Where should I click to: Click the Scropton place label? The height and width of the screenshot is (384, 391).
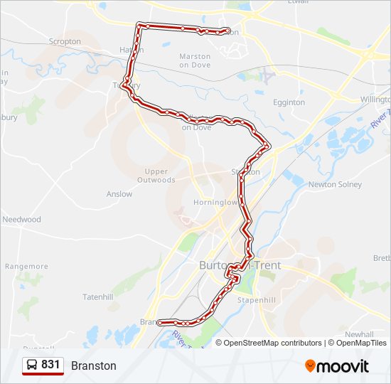click(65, 42)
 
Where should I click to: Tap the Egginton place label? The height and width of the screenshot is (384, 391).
click(289, 102)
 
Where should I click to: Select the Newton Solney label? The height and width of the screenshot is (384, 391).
click(335, 185)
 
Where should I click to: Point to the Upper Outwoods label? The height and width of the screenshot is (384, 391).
click(156, 176)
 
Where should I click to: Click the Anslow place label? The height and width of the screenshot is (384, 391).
click(119, 194)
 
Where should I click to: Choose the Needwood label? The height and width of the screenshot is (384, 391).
click(21, 220)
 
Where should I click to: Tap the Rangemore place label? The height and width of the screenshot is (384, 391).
click(26, 267)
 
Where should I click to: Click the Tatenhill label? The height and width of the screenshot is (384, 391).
click(98, 297)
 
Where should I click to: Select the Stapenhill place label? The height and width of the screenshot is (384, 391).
click(257, 300)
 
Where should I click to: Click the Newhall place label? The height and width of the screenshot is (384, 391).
click(359, 334)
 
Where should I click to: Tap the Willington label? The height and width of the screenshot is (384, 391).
click(375, 100)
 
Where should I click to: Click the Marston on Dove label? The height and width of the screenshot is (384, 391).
click(195, 60)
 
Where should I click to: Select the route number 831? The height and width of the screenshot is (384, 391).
click(50, 365)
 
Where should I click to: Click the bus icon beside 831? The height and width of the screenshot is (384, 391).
click(33, 366)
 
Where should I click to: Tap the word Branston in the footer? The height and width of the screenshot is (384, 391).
click(93, 366)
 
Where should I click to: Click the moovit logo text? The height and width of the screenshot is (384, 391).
click(343, 366)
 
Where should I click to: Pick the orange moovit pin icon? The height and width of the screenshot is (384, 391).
click(310, 366)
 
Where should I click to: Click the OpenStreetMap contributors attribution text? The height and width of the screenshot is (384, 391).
click(273, 343)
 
